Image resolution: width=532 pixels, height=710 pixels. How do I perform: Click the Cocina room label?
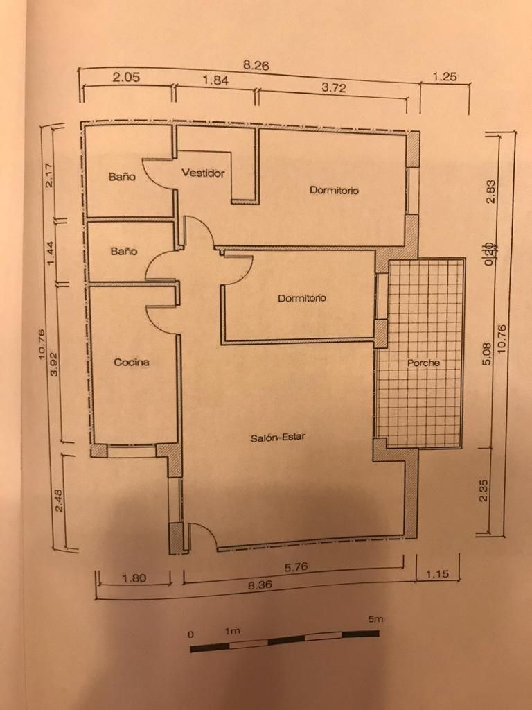132,362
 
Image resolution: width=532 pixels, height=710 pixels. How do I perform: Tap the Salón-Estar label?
278,438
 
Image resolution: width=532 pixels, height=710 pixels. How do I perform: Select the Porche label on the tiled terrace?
423,363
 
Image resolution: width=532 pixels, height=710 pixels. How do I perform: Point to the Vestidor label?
203,173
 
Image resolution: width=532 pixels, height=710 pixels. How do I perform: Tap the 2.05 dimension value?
126,78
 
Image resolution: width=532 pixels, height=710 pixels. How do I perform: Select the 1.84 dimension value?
215,80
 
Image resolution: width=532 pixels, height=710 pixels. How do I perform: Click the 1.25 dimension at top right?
445,77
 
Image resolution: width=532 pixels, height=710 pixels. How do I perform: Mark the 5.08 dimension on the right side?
487,356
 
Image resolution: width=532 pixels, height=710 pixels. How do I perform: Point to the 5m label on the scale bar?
374,619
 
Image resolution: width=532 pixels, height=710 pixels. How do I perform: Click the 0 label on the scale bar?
190,634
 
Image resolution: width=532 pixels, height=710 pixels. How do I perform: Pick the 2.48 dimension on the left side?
58,499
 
